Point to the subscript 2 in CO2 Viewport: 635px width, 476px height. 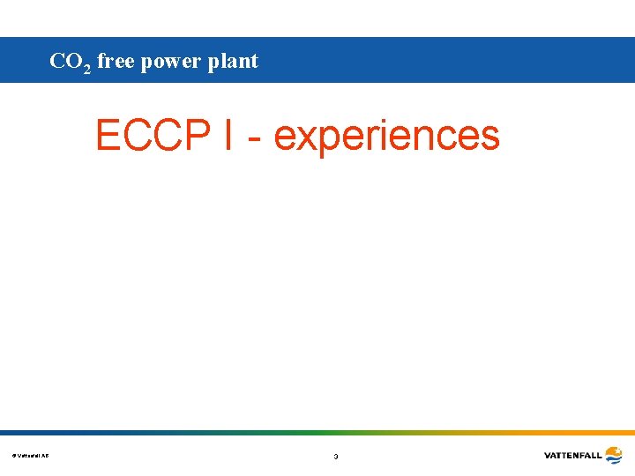click(x=87, y=68)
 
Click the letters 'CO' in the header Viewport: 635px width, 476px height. click(x=65, y=61)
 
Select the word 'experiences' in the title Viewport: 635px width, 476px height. click(x=386, y=137)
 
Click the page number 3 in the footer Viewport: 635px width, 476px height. click(x=335, y=457)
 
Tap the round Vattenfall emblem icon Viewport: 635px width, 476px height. click(x=613, y=455)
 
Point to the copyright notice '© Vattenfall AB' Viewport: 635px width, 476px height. click(x=31, y=456)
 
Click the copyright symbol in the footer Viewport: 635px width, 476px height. click(x=14, y=456)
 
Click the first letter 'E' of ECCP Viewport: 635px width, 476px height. click(x=109, y=136)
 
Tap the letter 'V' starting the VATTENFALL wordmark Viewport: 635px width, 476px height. click(x=548, y=456)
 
